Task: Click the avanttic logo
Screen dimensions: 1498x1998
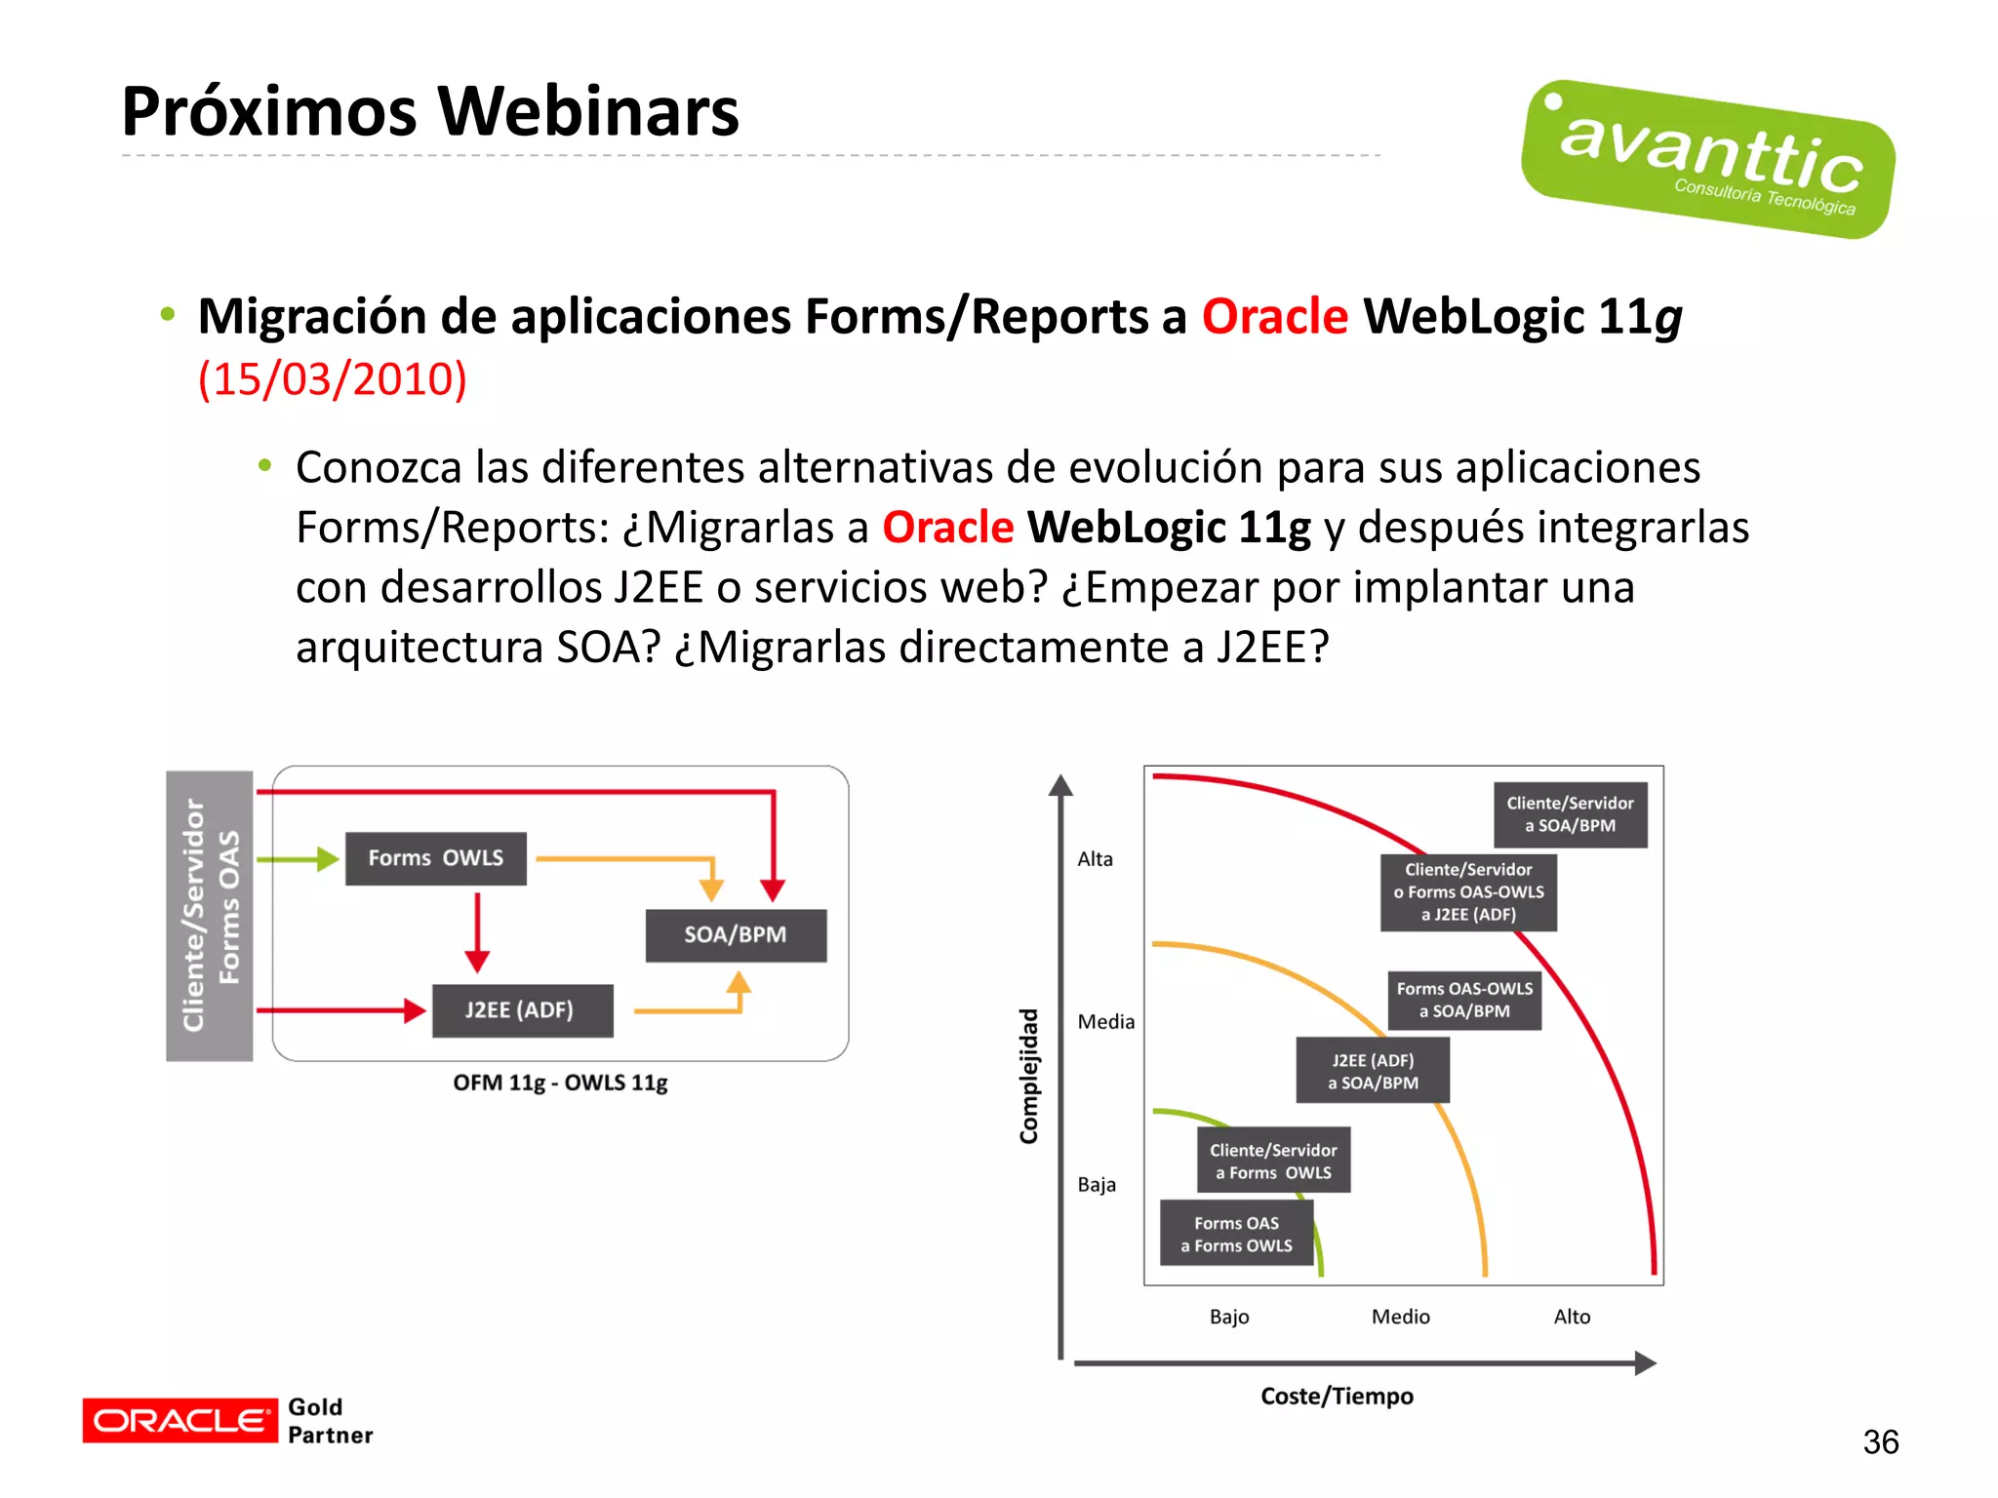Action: click(1707, 159)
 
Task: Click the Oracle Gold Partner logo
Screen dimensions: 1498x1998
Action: click(227, 1420)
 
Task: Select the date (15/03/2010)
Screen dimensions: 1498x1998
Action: click(333, 378)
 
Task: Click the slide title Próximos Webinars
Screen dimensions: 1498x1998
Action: click(430, 111)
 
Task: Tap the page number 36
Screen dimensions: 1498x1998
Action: click(1880, 1441)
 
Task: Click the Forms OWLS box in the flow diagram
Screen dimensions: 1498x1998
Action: click(435, 858)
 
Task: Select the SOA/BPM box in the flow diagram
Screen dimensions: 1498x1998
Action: click(736, 935)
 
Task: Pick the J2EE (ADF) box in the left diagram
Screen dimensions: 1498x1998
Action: click(522, 1010)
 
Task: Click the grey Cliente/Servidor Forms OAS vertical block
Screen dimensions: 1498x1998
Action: click(209, 915)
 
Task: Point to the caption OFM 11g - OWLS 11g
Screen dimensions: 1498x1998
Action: click(560, 1083)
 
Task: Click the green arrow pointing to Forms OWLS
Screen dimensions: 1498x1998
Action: click(298, 859)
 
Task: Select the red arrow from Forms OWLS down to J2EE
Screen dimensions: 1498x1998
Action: click(477, 931)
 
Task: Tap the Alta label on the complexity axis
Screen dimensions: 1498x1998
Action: click(1095, 859)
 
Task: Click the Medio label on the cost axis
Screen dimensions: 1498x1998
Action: click(1400, 1317)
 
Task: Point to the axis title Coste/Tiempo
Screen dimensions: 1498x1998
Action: click(1337, 1397)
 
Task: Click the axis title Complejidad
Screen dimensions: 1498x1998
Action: click(1028, 1076)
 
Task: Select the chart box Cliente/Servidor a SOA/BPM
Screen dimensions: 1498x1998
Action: click(1570, 814)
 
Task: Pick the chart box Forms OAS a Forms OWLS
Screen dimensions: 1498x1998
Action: click(1236, 1234)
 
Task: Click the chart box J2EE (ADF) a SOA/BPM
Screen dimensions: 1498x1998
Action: click(1372, 1071)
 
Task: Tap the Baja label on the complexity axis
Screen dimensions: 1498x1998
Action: click(1097, 1185)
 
